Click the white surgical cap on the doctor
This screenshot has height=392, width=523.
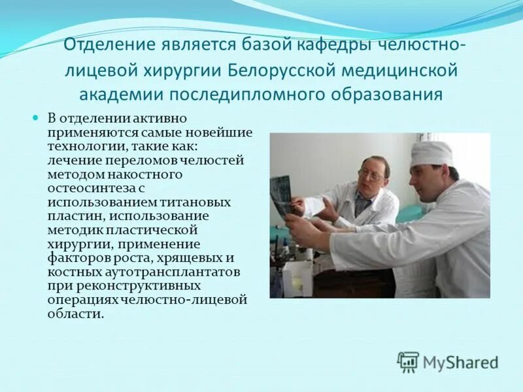click(431, 153)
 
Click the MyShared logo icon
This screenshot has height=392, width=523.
click(408, 362)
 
